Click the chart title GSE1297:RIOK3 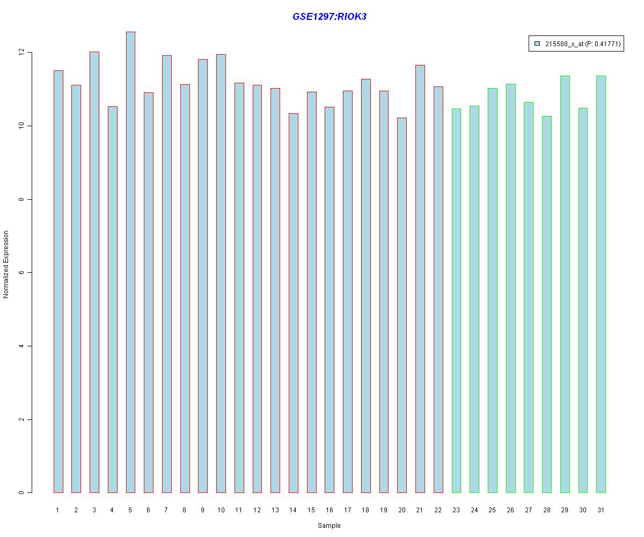coord(329,17)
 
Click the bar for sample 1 coord(58,281)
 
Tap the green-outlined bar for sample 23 coord(456,301)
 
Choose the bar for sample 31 coord(601,284)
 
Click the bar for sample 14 coord(293,303)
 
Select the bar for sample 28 coord(546,304)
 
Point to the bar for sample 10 coord(221,273)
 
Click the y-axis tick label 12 coord(21,53)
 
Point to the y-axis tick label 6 coord(21,273)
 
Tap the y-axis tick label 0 coord(21,492)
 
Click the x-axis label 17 coord(347,510)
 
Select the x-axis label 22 coord(438,510)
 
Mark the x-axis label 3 coord(94,510)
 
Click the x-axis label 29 coord(565,510)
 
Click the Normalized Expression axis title coord(6,264)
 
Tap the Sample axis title coord(329,526)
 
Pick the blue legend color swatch coord(537,44)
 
